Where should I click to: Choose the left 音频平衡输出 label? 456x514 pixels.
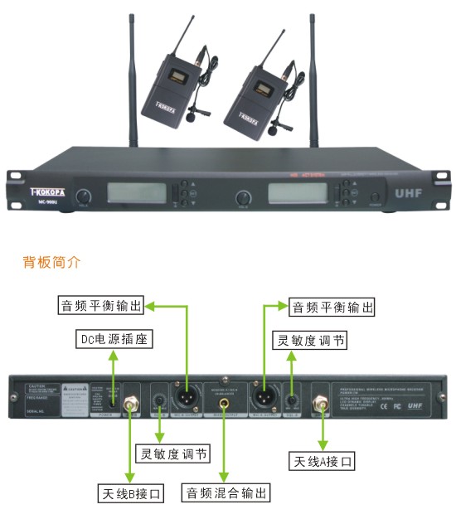pos(100,306)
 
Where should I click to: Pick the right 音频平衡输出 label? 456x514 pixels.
pos(332,307)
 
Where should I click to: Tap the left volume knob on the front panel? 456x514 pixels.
pos(83,197)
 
